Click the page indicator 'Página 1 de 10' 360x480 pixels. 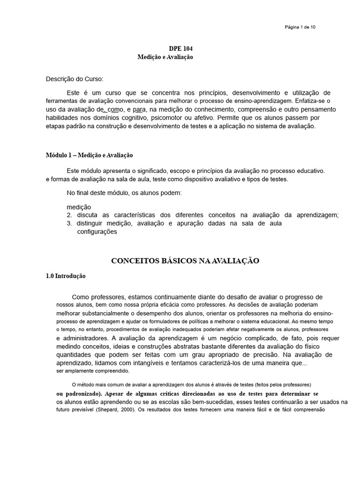[300, 27]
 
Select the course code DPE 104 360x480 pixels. [180, 49]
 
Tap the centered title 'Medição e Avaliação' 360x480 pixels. [165, 57]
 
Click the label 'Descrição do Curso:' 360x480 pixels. [75, 78]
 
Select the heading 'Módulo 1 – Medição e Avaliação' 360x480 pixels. [90, 155]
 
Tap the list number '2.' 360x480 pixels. [69, 215]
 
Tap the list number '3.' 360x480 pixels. [69, 224]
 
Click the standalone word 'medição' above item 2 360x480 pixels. [79, 207]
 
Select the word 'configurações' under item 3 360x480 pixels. [97, 232]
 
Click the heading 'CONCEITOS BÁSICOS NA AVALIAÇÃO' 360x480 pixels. [185, 260]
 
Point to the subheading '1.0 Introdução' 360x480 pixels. [66, 276]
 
